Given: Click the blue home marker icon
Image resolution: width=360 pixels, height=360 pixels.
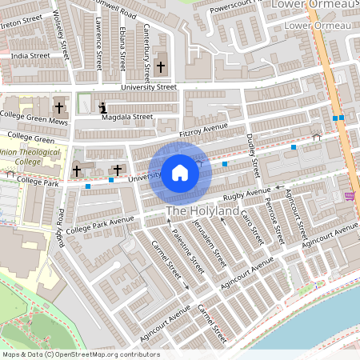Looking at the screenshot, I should coord(180,173).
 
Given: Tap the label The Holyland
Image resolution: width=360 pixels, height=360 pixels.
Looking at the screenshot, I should coord(202,211).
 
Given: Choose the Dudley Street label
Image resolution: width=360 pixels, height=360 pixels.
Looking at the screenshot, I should coord(254,155).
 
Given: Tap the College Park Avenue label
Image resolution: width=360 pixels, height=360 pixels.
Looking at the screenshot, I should coord(101,225).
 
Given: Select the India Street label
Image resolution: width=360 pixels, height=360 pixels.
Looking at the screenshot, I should coord(30,56).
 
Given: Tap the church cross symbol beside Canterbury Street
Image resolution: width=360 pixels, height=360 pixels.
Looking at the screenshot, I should coord(161,66).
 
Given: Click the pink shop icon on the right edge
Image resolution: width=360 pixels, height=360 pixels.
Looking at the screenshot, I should coord(349,195).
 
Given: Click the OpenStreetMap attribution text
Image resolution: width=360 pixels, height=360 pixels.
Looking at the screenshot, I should coord(81,354).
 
